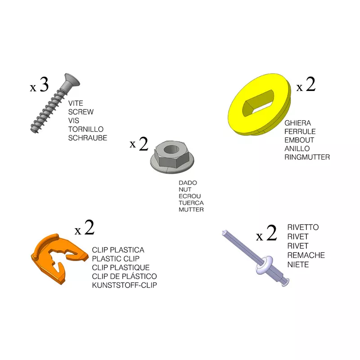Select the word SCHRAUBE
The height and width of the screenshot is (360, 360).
87,138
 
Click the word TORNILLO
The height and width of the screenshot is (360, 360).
85,129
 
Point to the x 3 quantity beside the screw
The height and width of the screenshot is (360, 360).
39,85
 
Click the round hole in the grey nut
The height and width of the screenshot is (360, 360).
171,150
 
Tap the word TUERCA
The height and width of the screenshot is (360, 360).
191,203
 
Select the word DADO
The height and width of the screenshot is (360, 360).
188,183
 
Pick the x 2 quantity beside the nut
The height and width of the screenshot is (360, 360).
139,144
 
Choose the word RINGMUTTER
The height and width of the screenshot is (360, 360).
307,157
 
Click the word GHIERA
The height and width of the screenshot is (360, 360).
297,123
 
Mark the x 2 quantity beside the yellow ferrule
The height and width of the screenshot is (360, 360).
306,85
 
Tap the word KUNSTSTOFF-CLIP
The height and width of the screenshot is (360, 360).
125,285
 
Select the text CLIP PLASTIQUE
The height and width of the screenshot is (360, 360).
121,267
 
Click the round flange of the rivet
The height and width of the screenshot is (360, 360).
264,265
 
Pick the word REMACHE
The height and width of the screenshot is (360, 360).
306,255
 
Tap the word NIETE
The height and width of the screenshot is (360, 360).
298,265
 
